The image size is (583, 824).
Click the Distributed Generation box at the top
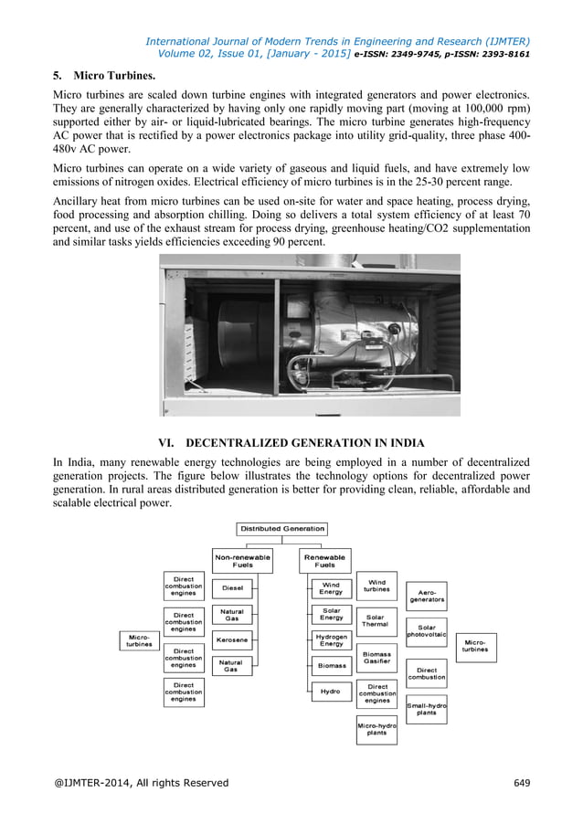[282, 528]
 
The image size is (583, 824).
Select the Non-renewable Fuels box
[242, 560]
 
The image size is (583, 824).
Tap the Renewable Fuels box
[324, 560]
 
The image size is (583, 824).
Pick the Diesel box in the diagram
[232, 588]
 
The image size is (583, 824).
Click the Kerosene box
[232, 639]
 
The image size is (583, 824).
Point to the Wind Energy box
[331, 588]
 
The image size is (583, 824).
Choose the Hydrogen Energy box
[331, 639]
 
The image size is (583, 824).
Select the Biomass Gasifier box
[376, 658]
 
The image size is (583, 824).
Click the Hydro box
[331, 692]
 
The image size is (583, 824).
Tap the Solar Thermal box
[376, 620]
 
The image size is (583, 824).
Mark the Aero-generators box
[427, 596]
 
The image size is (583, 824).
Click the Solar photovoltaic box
[427, 632]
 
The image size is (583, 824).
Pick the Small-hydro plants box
[427, 709]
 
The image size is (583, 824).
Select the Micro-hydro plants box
[376, 729]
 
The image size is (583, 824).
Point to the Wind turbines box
[376, 586]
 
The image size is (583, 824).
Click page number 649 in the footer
[522, 783]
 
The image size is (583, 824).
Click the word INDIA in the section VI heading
[404, 443]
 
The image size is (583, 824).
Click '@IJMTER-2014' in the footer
[92, 783]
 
